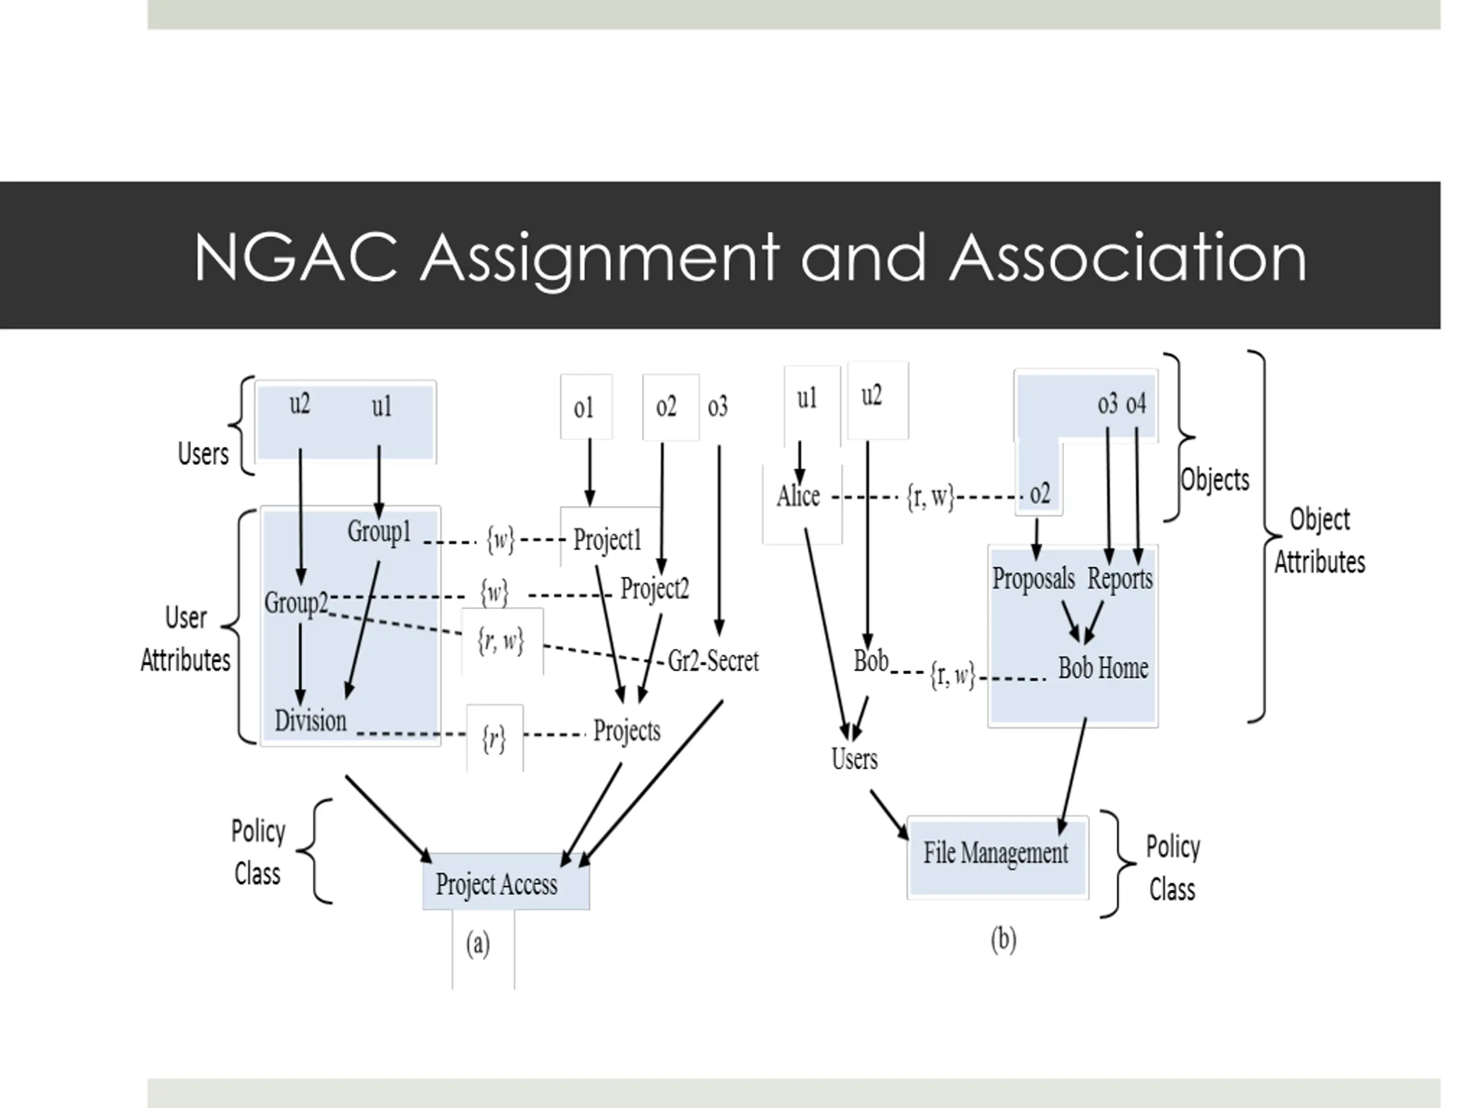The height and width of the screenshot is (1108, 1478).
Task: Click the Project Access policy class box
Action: point(506,883)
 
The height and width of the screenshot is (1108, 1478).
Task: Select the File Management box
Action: point(997,854)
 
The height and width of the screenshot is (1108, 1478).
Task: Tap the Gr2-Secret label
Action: point(713,661)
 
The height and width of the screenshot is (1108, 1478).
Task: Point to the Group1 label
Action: point(379,531)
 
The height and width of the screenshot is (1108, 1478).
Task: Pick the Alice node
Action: point(798,496)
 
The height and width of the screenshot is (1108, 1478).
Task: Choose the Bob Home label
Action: point(1103,668)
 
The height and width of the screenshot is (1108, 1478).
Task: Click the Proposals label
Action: point(1033,578)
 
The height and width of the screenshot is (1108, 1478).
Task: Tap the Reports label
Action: point(1120,578)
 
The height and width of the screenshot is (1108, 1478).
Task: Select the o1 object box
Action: point(585,407)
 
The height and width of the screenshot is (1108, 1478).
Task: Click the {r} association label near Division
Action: point(494,739)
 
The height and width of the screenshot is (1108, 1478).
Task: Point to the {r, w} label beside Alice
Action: point(930,496)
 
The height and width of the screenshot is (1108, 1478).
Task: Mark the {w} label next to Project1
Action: point(501,539)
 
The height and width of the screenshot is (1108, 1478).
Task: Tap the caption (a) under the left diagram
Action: point(477,944)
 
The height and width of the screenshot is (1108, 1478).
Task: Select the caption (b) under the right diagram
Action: point(1003,939)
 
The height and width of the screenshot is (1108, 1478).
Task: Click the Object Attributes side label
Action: point(1319,540)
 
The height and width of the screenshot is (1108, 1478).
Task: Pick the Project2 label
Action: point(654,589)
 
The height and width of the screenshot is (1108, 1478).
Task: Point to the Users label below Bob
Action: point(854,759)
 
